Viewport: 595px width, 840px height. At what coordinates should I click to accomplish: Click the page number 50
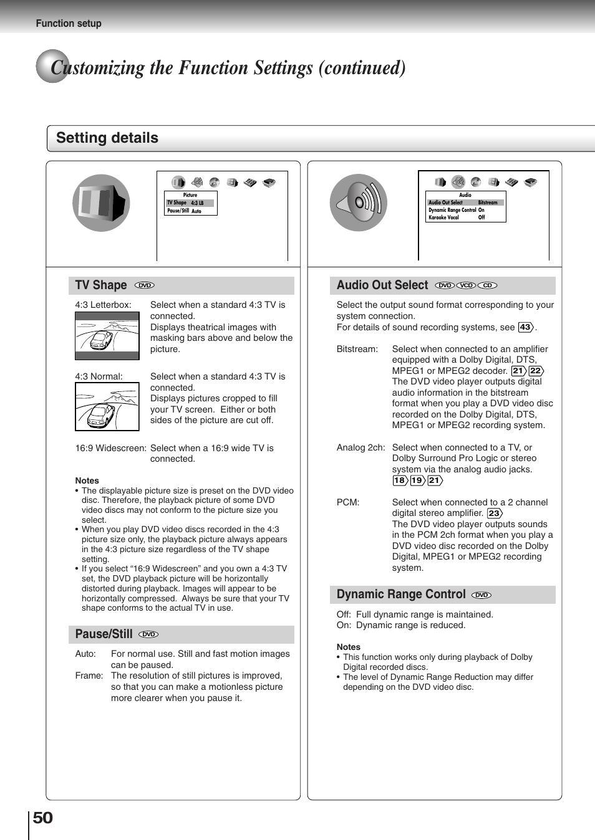tap(42, 818)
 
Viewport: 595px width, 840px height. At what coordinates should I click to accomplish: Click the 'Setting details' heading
tap(107, 138)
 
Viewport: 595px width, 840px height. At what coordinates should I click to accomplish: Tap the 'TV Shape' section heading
tap(101, 285)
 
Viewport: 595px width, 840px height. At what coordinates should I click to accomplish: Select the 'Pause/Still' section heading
tap(104, 634)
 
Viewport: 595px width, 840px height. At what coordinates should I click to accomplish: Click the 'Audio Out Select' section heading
tap(382, 285)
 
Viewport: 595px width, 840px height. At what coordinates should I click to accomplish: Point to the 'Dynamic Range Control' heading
tap(400, 594)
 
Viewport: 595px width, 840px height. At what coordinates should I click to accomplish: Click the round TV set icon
tap(101, 203)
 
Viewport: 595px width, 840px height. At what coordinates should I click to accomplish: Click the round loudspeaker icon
tap(359, 203)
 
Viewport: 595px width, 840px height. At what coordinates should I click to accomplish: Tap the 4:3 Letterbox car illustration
tap(107, 336)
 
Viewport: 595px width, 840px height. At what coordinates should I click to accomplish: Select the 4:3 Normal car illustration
tap(107, 407)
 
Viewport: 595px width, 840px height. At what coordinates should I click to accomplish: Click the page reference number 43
tap(526, 327)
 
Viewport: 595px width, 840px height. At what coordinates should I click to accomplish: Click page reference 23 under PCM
tap(494, 513)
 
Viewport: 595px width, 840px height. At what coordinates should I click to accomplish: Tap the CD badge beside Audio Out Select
tap(487, 285)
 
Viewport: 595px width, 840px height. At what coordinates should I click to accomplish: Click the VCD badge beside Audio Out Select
tap(466, 285)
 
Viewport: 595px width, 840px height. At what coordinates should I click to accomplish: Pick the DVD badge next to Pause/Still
tap(148, 634)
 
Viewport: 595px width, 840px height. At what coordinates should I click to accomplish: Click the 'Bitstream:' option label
tap(357, 349)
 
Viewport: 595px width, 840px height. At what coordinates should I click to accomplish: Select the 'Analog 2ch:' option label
tap(360, 447)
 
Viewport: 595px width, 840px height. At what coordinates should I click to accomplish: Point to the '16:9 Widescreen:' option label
tap(110, 448)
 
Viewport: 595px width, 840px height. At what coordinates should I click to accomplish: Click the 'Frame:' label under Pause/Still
tap(89, 675)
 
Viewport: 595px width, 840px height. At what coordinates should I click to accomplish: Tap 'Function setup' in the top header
tap(69, 24)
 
